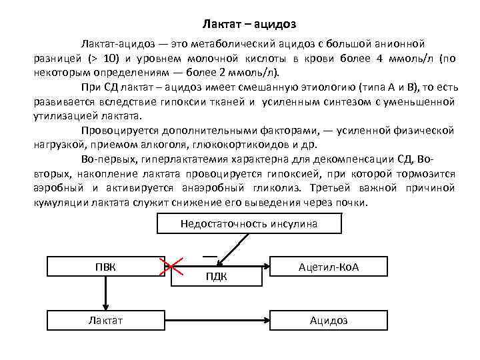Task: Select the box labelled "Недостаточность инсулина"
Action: click(x=249, y=224)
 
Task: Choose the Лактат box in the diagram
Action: click(x=105, y=321)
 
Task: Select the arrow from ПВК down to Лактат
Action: click(x=105, y=293)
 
